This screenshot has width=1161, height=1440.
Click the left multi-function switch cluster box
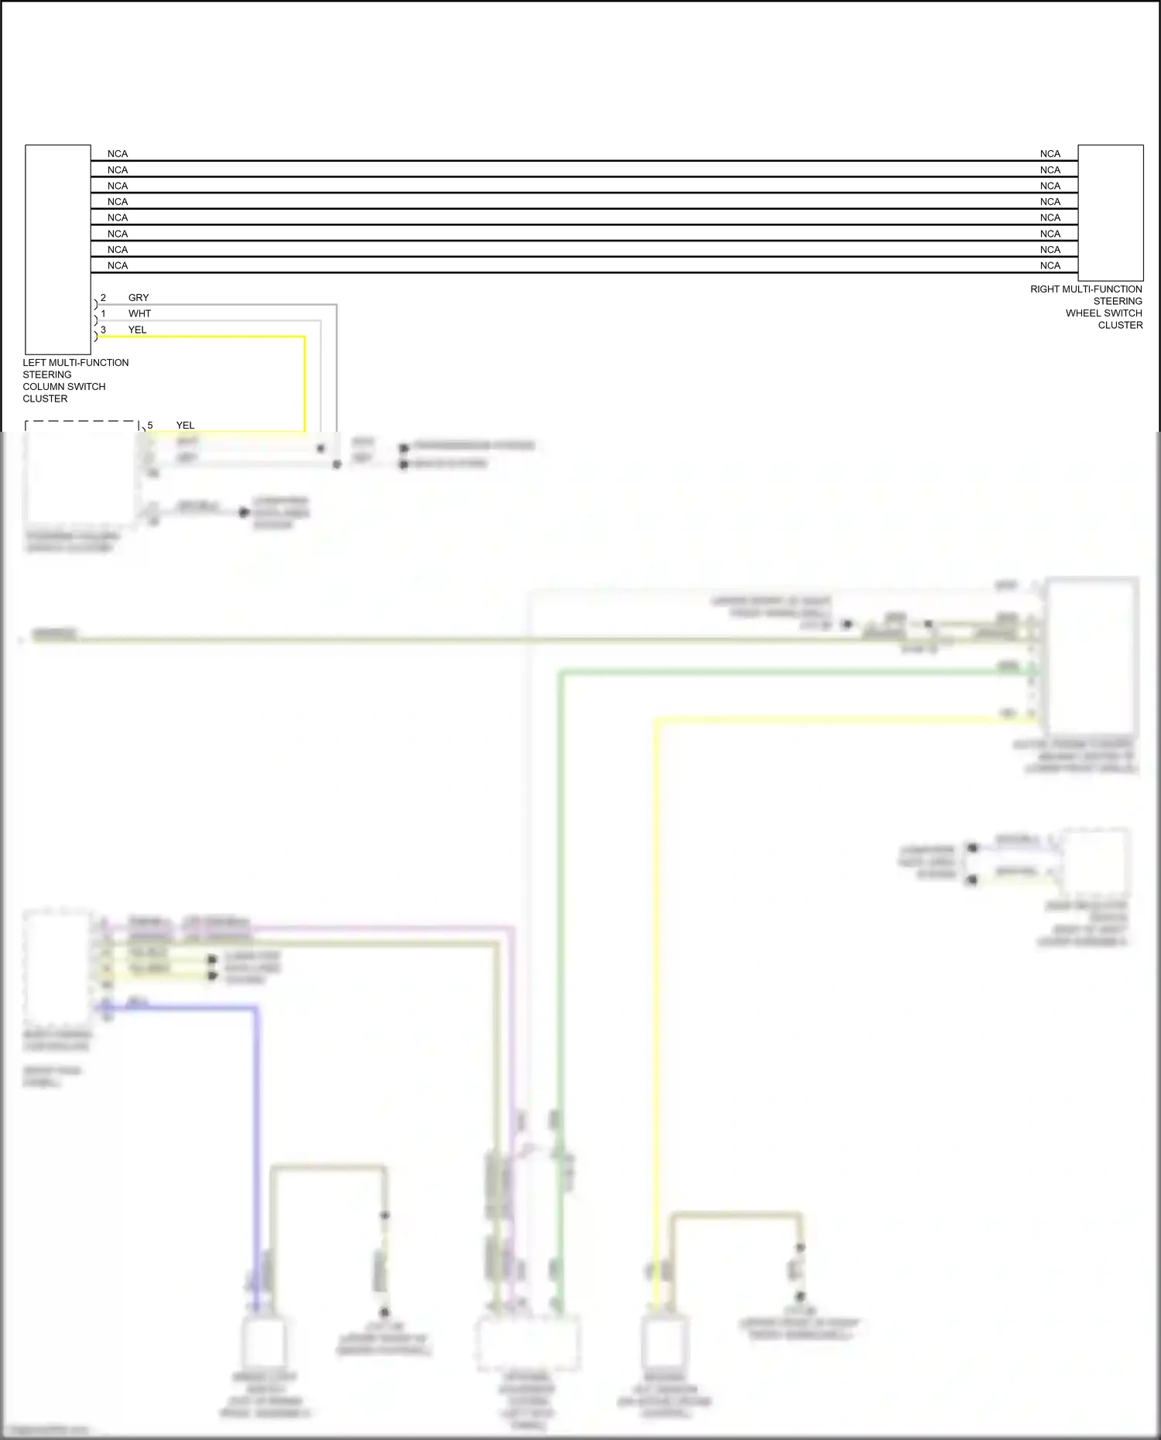58,249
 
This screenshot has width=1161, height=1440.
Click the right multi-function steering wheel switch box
1110,212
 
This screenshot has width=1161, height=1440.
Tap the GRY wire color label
139,298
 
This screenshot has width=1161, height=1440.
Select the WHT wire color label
140,313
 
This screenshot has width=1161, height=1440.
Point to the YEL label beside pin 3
137,330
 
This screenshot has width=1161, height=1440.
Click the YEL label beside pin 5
185,426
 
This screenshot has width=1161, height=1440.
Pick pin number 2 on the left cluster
103,298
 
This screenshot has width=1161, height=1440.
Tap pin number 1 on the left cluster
103,313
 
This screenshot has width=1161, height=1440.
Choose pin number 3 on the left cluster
103,330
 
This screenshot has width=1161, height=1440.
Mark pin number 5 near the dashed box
150,426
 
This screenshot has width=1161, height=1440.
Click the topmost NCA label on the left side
118,154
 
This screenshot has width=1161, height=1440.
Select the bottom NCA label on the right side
1050,265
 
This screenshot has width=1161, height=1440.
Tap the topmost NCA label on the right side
1050,154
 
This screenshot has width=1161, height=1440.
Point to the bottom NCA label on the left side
118,265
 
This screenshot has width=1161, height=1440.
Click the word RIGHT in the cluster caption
1046,289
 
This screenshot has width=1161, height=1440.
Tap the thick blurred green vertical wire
560,929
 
